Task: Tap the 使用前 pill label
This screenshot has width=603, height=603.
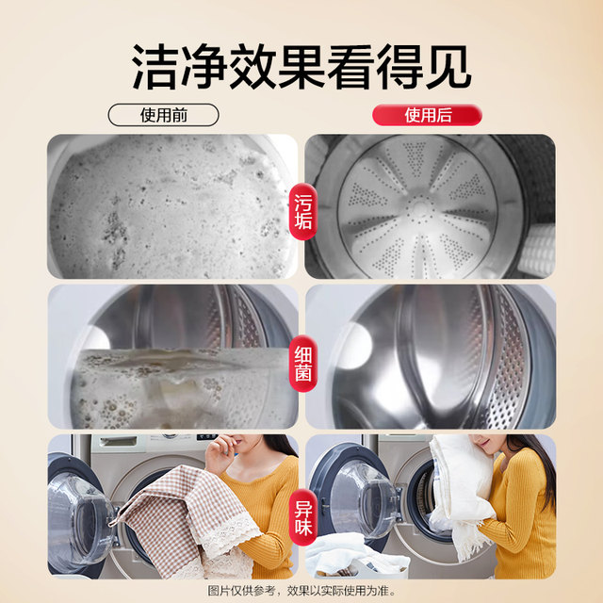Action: [x=164, y=116]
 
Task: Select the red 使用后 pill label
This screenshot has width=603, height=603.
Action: [x=427, y=116]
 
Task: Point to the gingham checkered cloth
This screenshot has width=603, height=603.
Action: [x=179, y=513]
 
